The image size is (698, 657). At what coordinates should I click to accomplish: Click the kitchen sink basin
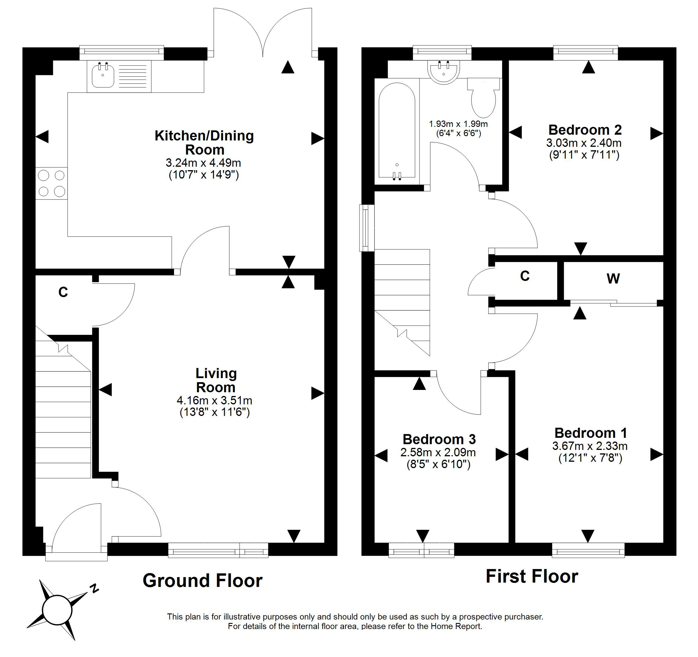tap(103, 76)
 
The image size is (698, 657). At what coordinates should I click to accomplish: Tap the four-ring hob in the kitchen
tap(52, 183)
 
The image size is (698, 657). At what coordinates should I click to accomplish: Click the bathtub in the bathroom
tap(397, 132)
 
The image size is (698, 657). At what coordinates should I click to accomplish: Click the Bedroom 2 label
tap(585, 130)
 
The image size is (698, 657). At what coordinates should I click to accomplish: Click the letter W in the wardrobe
tap(613, 279)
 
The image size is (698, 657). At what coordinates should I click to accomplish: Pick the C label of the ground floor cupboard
tap(63, 292)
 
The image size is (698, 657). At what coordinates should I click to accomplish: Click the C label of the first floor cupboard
tap(525, 276)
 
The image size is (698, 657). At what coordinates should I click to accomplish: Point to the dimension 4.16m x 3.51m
tap(215, 400)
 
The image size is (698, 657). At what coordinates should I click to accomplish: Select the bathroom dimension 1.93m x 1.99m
tap(458, 124)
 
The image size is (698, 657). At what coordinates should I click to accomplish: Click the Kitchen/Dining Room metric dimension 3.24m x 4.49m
tap(203, 163)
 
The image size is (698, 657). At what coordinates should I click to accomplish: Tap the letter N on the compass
tap(94, 588)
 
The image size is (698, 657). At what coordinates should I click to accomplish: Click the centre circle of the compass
tap(57, 610)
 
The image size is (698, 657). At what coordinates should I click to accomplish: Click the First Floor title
tap(532, 576)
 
